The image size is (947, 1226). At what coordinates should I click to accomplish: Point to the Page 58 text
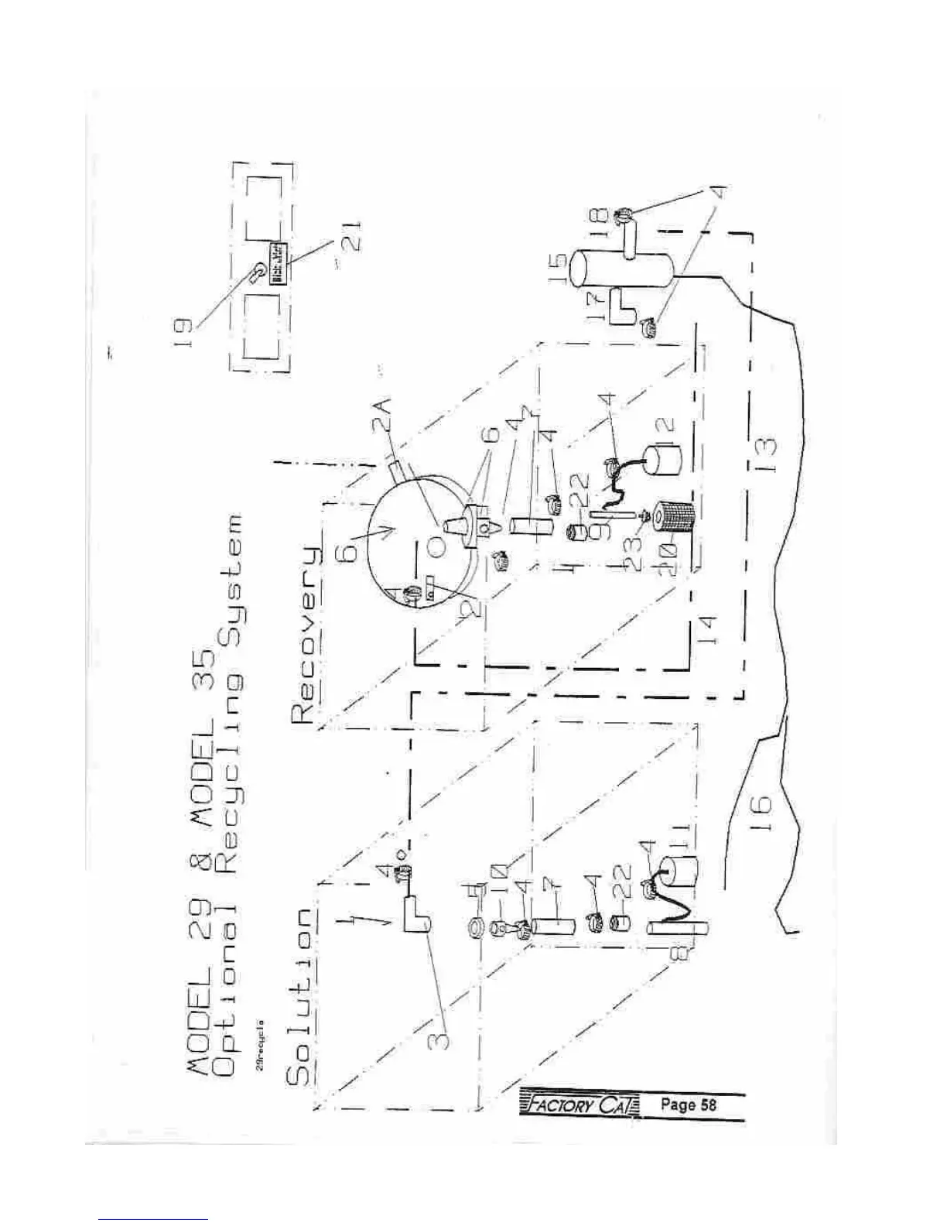(x=688, y=1104)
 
